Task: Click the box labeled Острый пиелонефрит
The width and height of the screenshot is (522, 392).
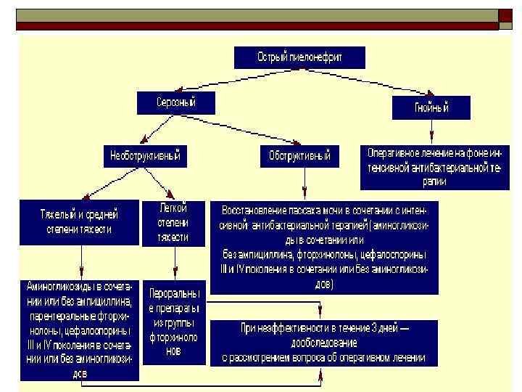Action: coord(299,57)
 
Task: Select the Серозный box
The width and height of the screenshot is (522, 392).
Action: coord(176,102)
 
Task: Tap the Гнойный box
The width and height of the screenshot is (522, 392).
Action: coord(431,107)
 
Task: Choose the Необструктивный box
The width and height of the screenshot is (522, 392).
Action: coord(144,155)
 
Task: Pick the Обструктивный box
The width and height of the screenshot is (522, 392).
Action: coord(299,155)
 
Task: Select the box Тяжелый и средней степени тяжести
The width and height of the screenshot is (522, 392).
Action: coord(79,222)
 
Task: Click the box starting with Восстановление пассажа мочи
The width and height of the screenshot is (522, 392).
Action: coord(324,247)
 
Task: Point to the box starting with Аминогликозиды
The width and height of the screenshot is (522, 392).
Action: coord(79,329)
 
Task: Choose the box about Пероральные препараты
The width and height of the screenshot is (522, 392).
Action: coord(173,322)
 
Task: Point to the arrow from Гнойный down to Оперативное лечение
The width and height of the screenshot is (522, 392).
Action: coord(432,132)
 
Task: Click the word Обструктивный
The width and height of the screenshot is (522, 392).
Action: coord(299,155)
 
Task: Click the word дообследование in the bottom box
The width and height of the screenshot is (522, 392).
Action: coord(324,343)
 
